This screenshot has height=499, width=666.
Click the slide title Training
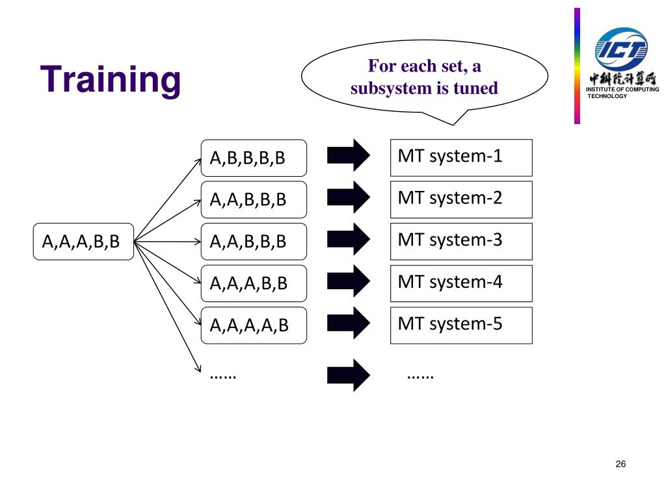(x=111, y=80)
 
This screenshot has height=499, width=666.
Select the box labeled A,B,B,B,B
(x=254, y=158)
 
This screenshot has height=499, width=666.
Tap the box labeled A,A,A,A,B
(x=254, y=326)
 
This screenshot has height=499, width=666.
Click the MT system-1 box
(x=461, y=158)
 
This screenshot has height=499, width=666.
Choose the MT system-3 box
(x=461, y=242)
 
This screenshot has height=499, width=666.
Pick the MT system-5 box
(x=461, y=326)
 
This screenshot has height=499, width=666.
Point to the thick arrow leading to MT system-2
(x=349, y=198)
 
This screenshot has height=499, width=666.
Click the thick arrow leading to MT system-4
(x=349, y=281)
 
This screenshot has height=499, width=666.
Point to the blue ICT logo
(x=621, y=49)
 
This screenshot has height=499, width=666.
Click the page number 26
(x=620, y=464)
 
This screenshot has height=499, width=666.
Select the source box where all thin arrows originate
(x=83, y=242)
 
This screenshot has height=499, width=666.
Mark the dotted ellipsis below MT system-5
(x=420, y=376)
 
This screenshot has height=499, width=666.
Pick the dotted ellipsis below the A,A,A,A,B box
(x=223, y=376)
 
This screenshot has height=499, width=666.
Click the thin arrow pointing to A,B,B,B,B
(x=167, y=200)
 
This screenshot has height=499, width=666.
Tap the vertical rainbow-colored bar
(x=578, y=66)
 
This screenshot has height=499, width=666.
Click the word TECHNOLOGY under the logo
(x=607, y=96)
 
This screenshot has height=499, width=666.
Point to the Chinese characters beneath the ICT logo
(x=622, y=79)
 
